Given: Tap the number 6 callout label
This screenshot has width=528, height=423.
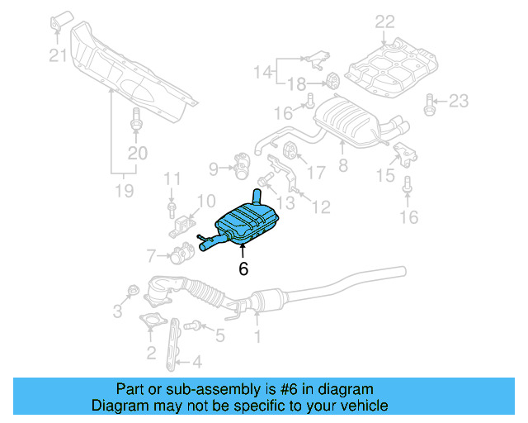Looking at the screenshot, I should click(243, 269).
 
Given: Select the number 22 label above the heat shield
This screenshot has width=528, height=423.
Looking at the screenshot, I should click(385, 22).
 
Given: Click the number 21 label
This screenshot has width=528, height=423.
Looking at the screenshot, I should click(56, 55).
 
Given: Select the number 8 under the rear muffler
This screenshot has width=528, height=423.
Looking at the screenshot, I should click(342, 165).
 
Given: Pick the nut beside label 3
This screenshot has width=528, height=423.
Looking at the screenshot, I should click(131, 291).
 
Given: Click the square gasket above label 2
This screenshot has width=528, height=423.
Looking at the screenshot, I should click(149, 324).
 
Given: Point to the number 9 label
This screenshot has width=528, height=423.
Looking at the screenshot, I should click(214, 169).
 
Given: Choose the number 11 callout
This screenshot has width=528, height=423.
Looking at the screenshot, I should click(171, 178).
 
